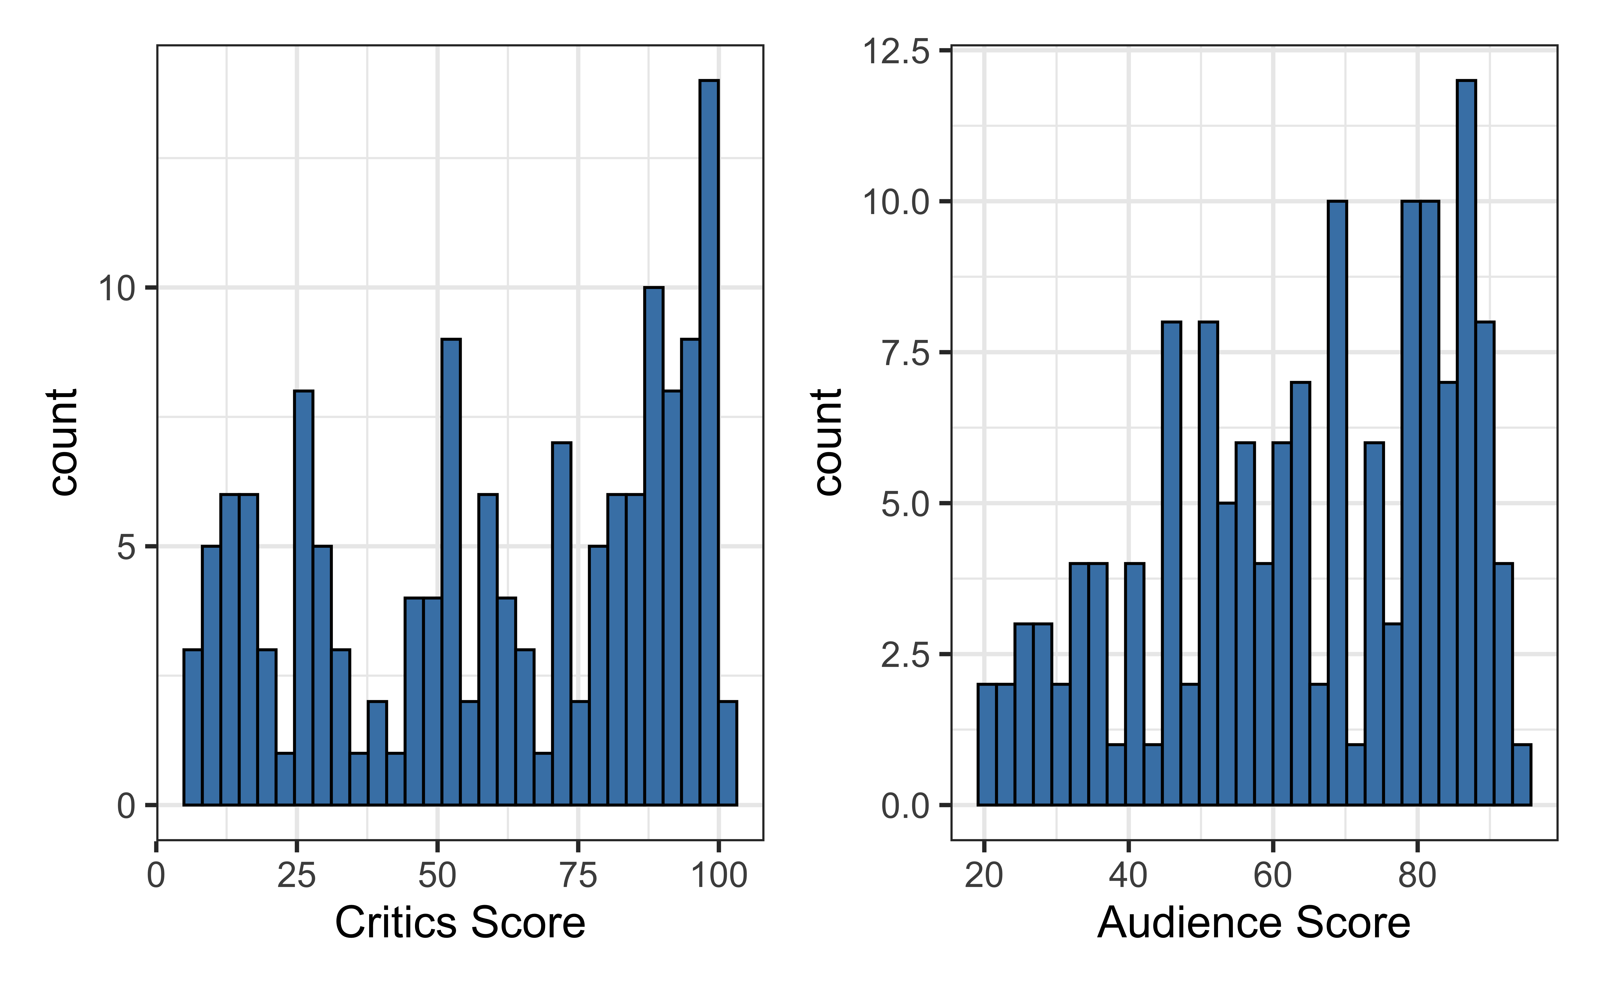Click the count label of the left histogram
click(x=63, y=442)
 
